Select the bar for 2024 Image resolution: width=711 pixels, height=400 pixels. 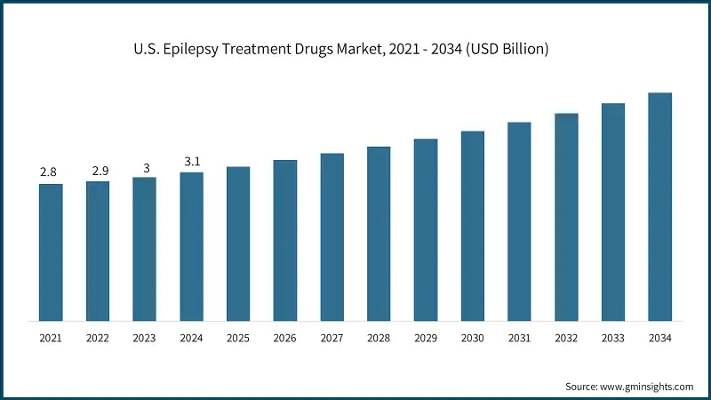click(x=191, y=246)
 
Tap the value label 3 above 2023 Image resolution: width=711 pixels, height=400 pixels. click(x=145, y=165)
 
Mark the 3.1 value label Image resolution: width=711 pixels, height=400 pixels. click(x=191, y=160)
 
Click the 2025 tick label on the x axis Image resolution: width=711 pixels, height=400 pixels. click(x=238, y=338)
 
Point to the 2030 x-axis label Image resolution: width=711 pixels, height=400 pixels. click(x=472, y=338)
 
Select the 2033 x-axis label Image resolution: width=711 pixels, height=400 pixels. click(x=612, y=338)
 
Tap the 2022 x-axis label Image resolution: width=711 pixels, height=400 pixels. click(x=98, y=338)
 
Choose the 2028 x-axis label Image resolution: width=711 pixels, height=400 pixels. click(x=379, y=338)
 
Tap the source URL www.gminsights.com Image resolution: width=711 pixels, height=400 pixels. click(x=647, y=387)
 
